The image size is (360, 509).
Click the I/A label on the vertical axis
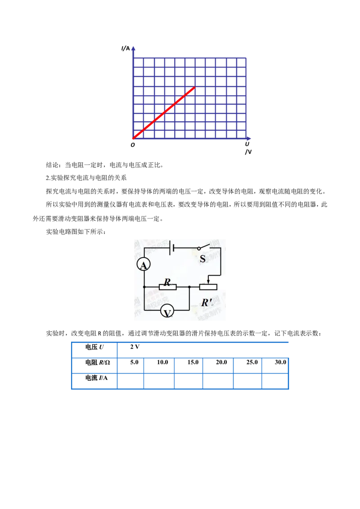click(126, 49)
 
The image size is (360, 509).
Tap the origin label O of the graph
click(133, 145)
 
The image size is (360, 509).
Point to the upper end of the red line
click(194, 87)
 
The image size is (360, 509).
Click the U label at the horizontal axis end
click(247, 144)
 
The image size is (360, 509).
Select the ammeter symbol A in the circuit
click(143, 265)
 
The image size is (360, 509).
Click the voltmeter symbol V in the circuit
click(167, 312)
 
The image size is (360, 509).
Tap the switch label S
click(203, 259)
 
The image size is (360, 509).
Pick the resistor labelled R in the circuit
click(168, 286)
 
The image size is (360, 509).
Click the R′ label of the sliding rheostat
click(207, 303)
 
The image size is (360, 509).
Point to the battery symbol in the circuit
click(172, 249)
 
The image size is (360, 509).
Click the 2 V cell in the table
click(135, 347)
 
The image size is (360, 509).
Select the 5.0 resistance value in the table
click(134, 362)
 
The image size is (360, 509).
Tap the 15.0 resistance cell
click(193, 362)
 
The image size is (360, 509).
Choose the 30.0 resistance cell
click(280, 362)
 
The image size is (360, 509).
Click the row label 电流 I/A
click(96, 378)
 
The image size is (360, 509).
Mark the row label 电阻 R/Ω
click(98, 362)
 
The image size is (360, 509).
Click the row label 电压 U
click(94, 347)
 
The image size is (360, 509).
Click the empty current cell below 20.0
click(218, 381)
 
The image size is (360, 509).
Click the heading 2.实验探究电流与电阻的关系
click(86, 178)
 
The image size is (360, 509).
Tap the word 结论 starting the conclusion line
click(52, 165)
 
